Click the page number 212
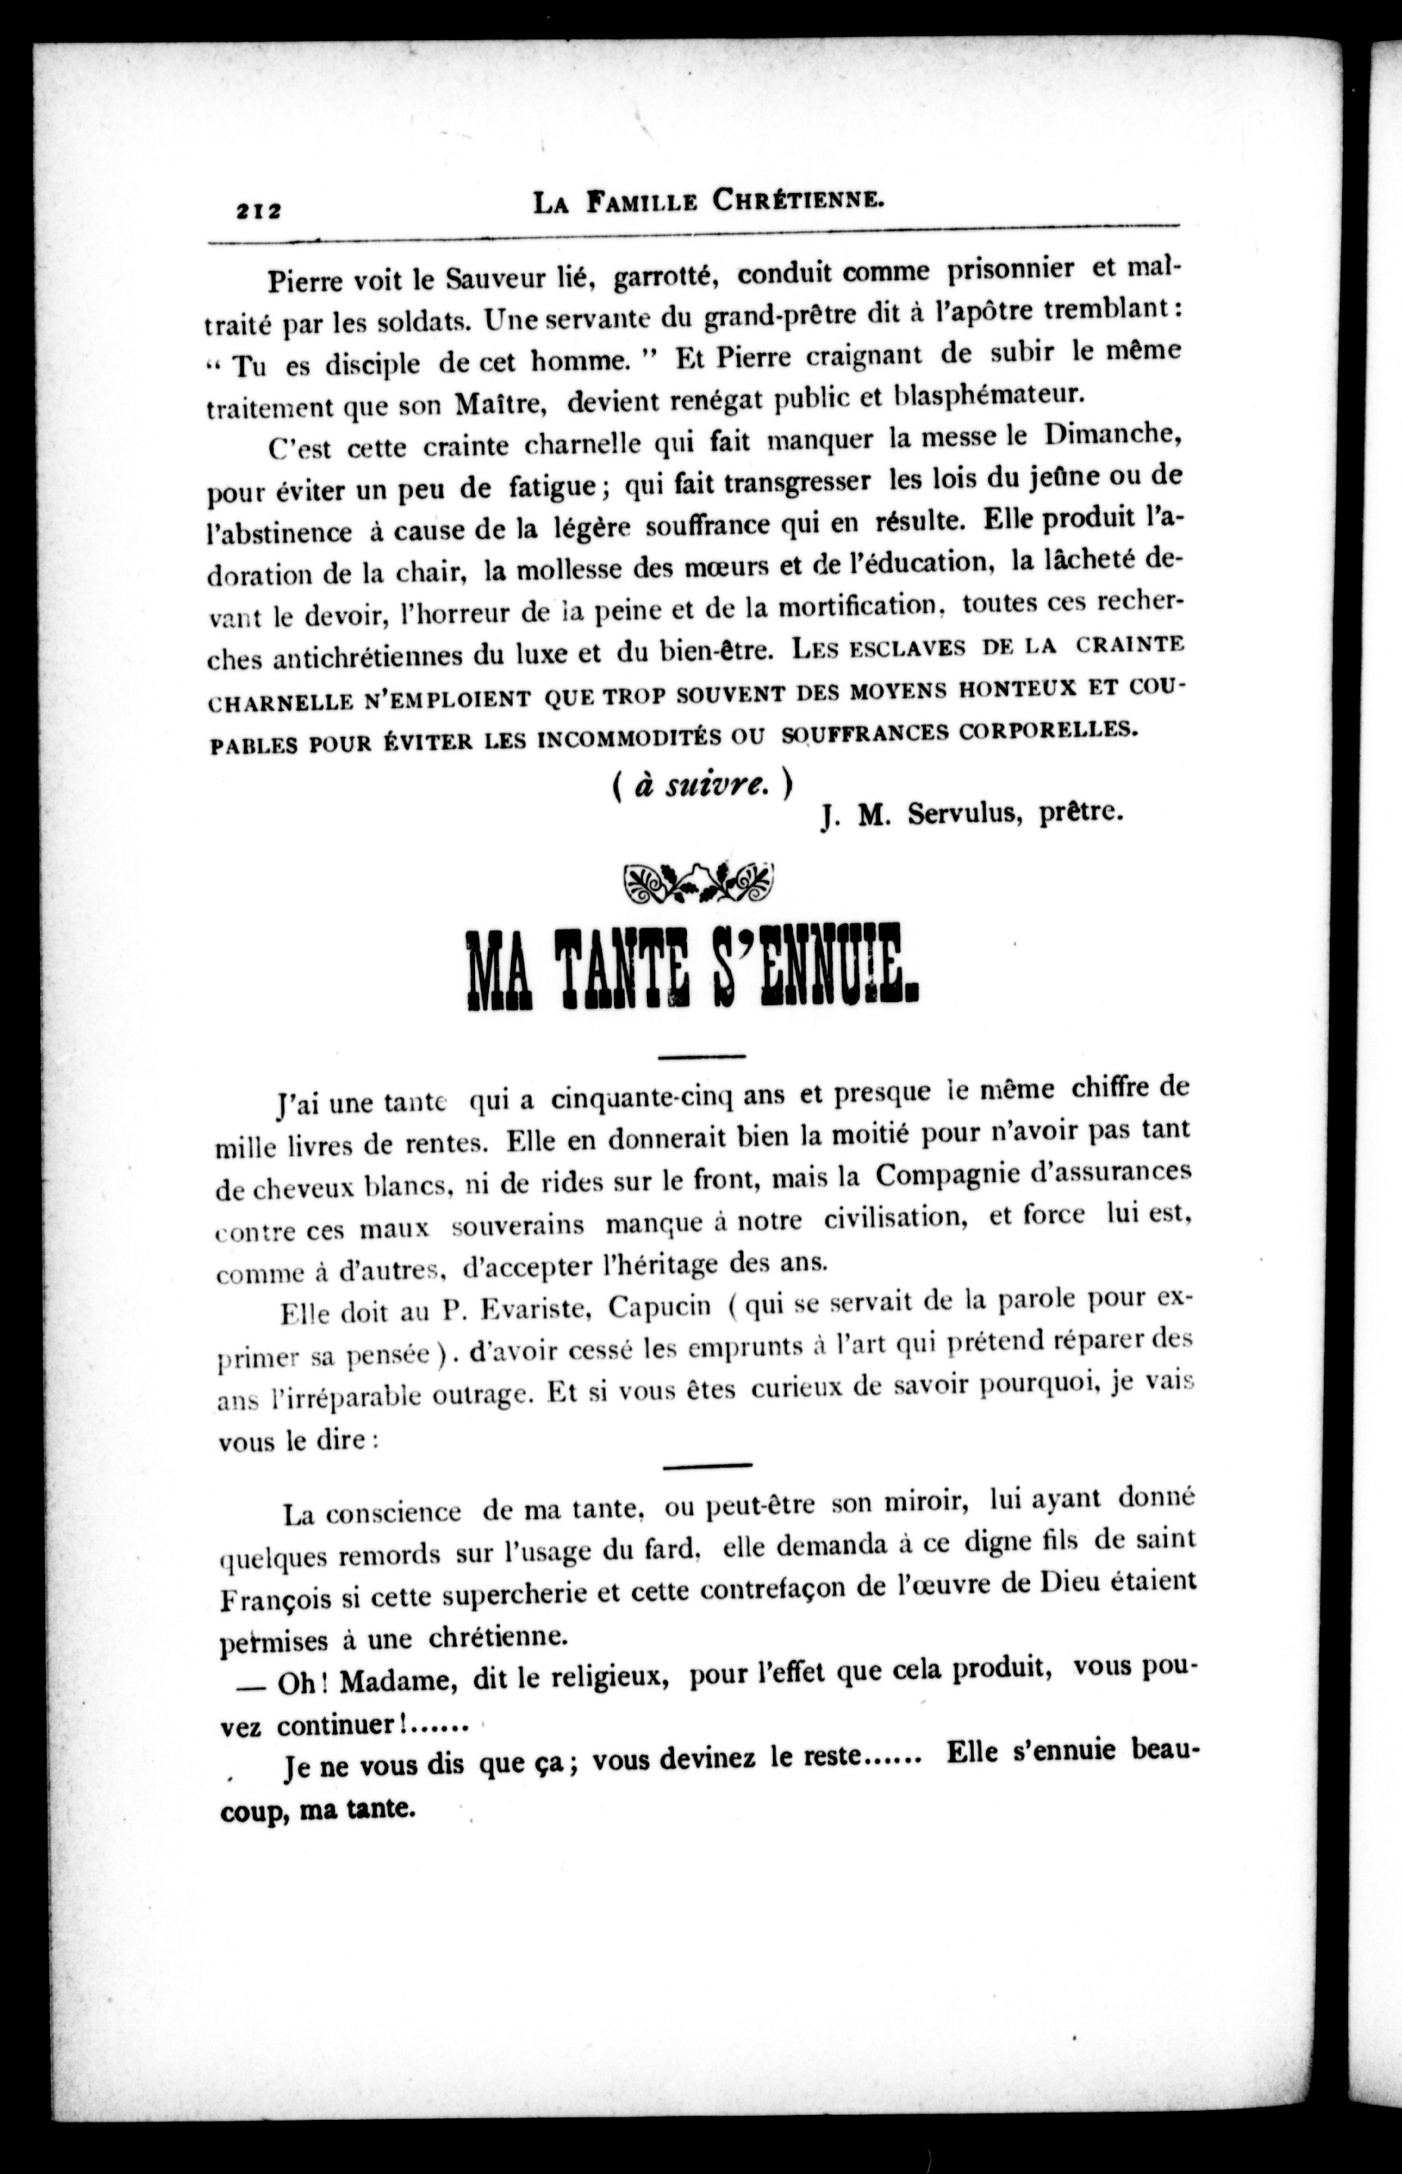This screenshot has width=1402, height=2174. click(x=259, y=210)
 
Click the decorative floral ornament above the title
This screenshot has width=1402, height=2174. click(x=699, y=881)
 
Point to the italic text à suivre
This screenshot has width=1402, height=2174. click(x=702, y=783)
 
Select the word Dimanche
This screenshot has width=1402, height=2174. click(x=1111, y=434)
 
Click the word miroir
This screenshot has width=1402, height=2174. click(x=915, y=1501)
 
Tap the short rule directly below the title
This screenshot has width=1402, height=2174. click(x=701, y=1057)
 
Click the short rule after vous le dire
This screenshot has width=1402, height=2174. click(x=708, y=1465)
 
